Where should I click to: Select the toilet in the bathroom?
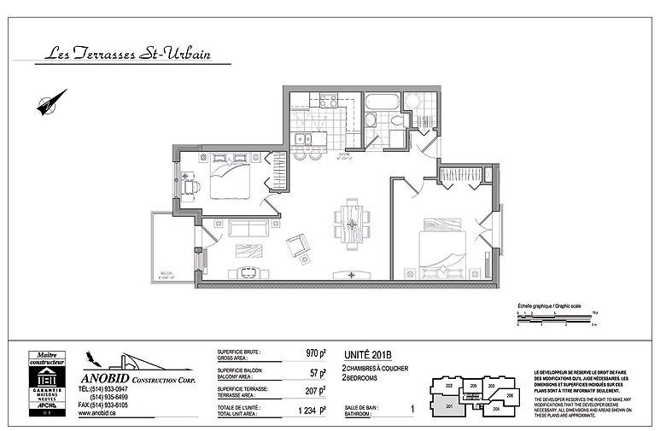coord(398,126)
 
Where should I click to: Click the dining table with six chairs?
coord(351,223)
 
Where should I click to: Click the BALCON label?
coord(164,275)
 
